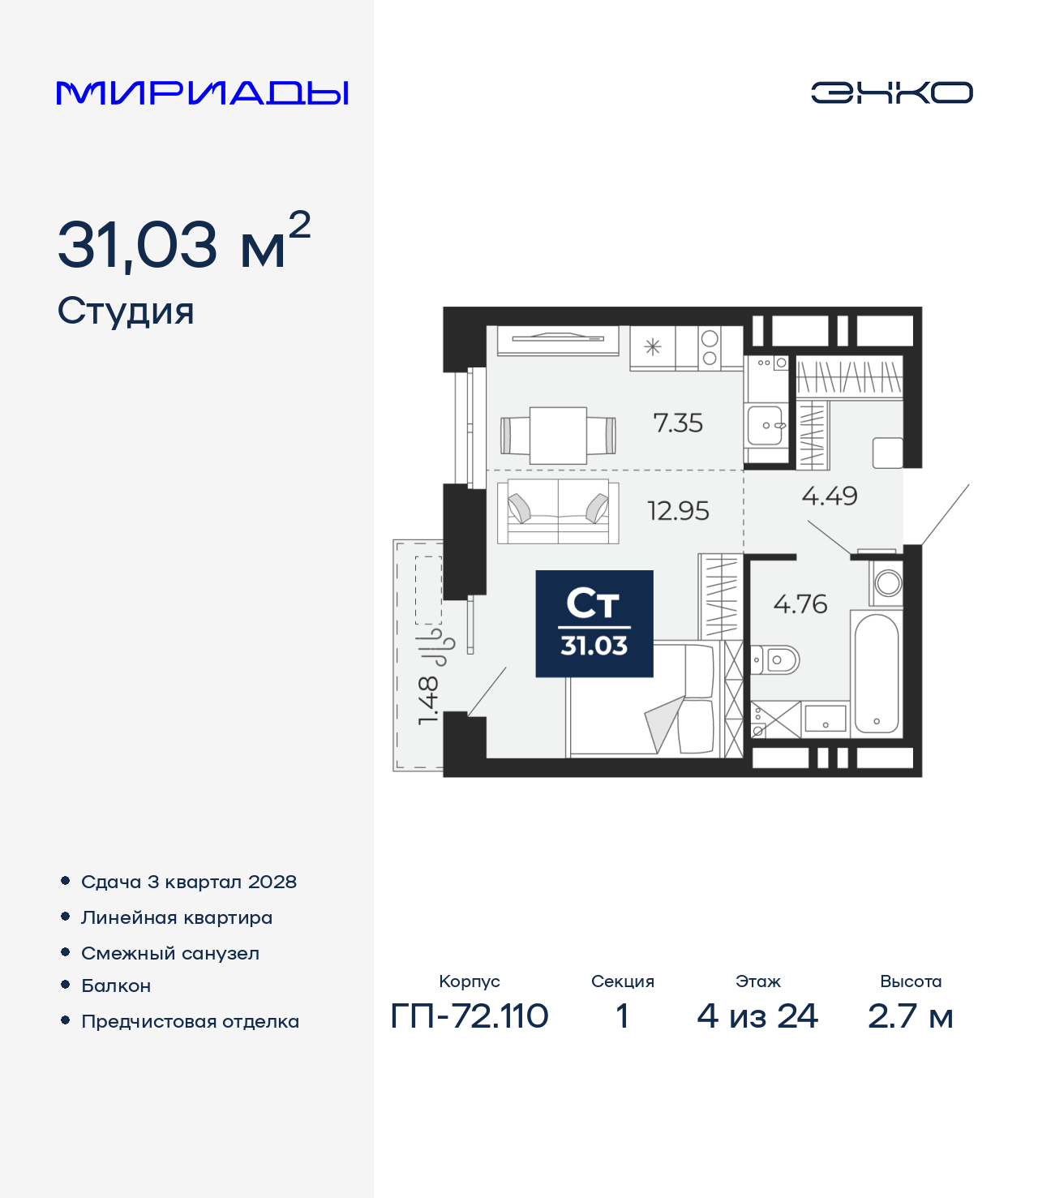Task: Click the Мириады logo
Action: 203,92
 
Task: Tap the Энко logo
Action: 891,92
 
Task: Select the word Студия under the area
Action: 126,311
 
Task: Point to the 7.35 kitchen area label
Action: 678,423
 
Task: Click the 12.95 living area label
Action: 678,511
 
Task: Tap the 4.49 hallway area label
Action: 829,496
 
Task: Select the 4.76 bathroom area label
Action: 800,603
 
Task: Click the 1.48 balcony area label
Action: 428,700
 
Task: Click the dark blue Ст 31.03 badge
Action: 594,624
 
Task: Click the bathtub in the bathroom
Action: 876,673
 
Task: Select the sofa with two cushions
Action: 558,511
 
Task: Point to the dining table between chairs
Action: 558,436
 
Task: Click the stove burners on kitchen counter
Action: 710,348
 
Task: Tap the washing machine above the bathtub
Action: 888,582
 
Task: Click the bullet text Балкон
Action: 116,985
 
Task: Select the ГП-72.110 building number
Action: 470,1016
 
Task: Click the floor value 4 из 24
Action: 757,1016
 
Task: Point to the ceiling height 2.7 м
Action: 910,1016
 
